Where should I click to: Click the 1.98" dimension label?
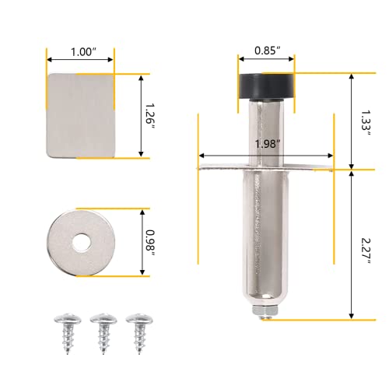(x=266, y=143)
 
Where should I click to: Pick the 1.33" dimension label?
(x=366, y=122)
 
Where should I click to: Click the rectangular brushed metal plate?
(x=80, y=116)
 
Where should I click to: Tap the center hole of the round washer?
(x=80, y=243)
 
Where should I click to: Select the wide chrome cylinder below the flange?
(x=265, y=241)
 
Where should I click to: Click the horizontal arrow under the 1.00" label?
(x=80, y=59)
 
